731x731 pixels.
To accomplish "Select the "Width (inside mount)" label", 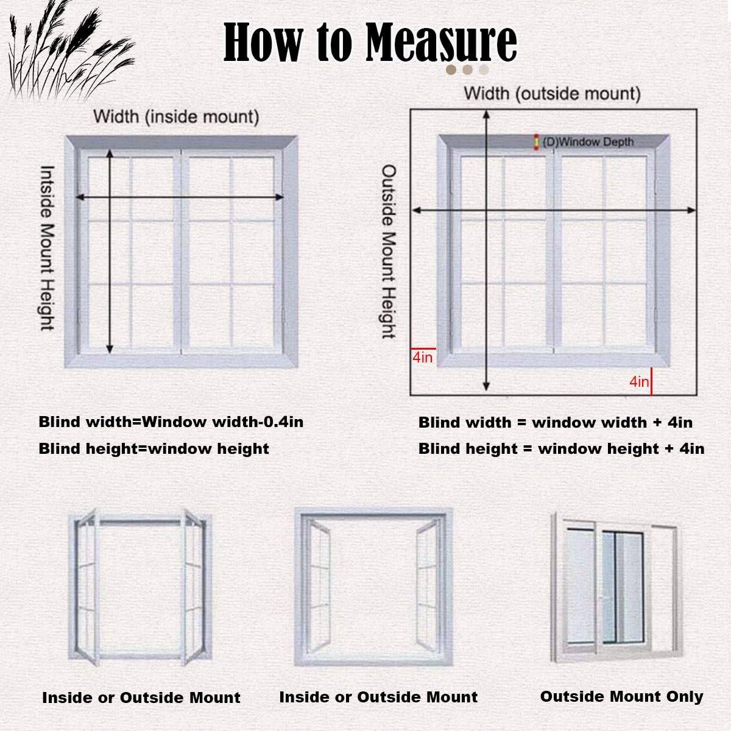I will click(176, 116).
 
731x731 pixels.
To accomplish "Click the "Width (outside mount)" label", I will click(552, 93).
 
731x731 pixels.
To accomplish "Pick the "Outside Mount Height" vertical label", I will click(389, 251).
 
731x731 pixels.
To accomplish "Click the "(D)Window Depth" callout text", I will click(587, 142).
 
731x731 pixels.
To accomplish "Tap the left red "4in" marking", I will click(422, 357).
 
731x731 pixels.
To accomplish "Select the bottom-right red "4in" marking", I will click(639, 381).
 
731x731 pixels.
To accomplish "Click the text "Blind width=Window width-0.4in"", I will click(171, 422).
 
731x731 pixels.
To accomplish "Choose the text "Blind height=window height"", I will click(154, 449).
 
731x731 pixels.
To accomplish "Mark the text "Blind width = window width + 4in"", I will click(555, 422).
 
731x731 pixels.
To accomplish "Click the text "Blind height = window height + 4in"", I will click(561, 449).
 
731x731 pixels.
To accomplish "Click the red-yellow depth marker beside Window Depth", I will click(536, 141).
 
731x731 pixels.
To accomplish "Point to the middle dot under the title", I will click(467, 70).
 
